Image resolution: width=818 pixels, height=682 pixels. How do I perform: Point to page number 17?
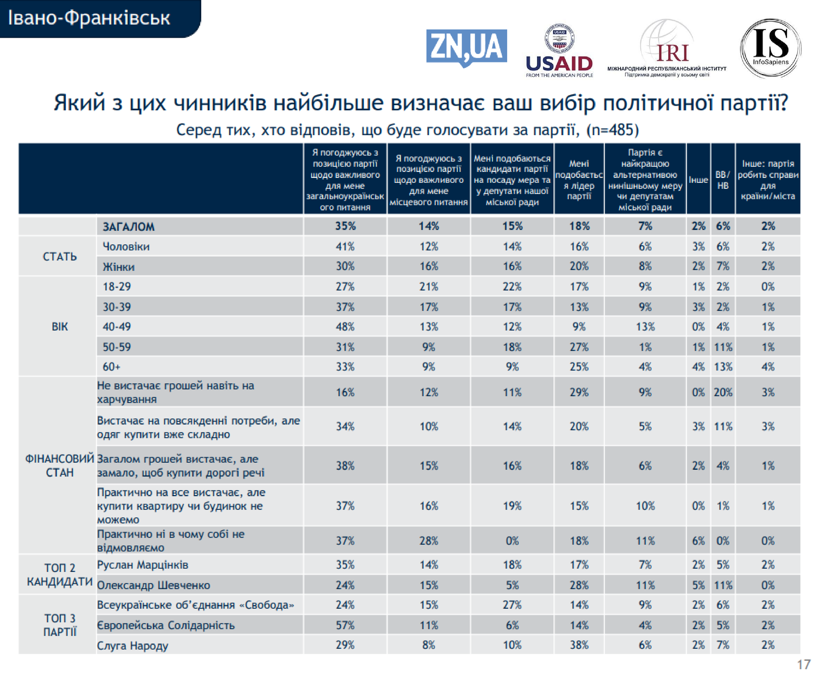coord(804,664)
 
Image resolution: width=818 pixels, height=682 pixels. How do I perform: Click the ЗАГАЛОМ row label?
coord(128,226)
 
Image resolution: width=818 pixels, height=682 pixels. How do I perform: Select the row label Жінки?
coord(118,267)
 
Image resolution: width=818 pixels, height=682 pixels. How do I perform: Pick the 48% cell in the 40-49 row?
coord(345,327)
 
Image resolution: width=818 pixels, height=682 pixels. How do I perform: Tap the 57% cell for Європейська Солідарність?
coord(345,625)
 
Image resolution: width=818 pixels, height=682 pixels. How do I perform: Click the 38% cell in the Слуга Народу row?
coord(579,645)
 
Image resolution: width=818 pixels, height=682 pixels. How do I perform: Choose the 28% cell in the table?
coord(428,541)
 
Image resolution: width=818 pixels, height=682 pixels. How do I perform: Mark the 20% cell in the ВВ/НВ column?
coord(723,392)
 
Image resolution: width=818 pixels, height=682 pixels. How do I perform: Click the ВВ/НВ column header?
coord(723,180)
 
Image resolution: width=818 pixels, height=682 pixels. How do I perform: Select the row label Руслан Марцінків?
coord(143,565)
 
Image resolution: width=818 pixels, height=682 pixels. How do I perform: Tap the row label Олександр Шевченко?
coord(154,585)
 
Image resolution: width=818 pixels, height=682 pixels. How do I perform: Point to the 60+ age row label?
coord(112,367)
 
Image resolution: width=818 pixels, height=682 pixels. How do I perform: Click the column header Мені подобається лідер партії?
coord(579,180)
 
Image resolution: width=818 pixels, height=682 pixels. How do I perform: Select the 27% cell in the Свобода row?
coord(512,605)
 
